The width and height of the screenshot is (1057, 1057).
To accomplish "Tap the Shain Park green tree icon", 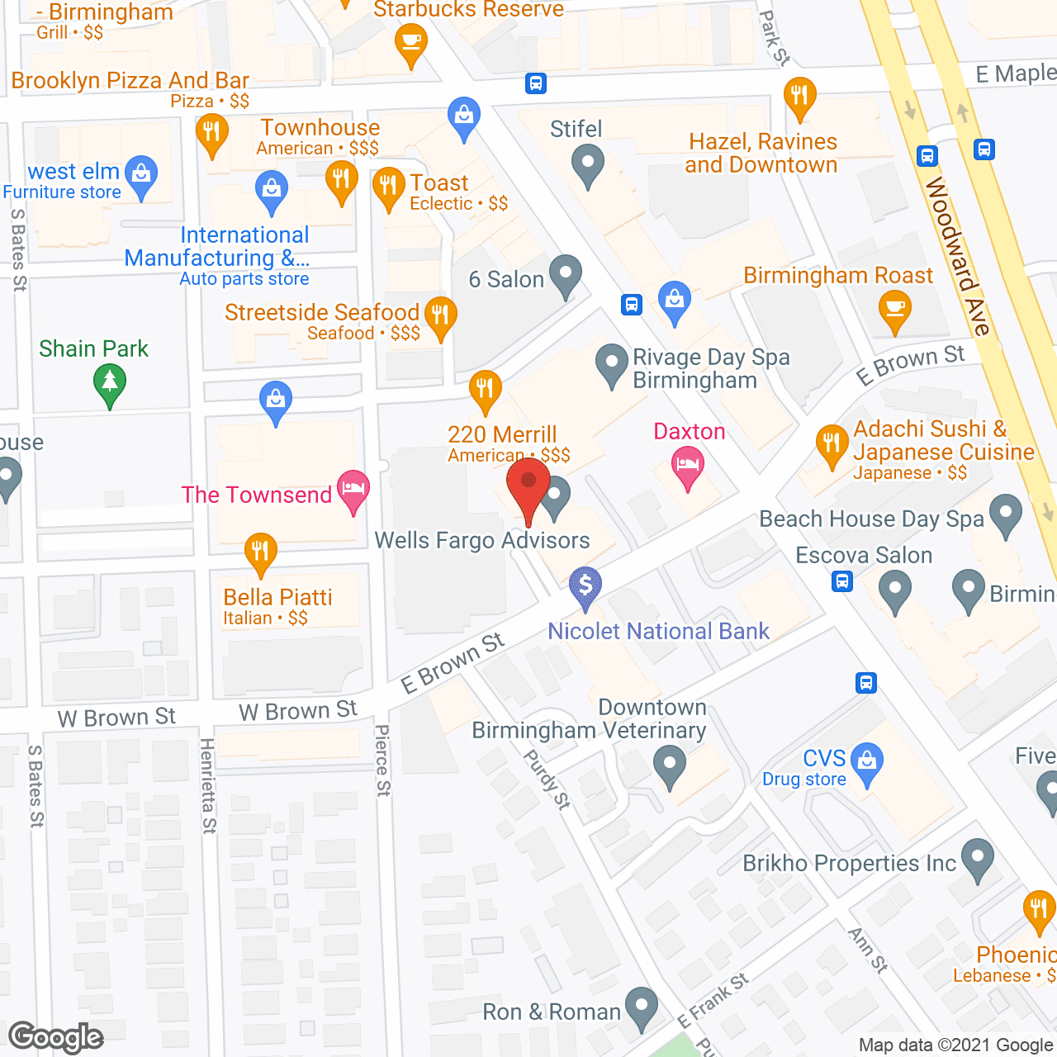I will point(110,384).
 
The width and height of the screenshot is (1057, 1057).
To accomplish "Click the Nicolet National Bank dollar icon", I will point(585,586).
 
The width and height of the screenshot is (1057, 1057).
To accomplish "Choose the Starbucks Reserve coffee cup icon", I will point(410,42).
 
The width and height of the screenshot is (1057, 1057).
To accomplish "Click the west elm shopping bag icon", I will point(141,175).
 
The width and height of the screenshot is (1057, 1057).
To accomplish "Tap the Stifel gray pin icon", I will point(588,164).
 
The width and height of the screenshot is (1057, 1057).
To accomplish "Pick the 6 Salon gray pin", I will point(566,274).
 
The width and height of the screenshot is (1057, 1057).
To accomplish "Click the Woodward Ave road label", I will point(957,256).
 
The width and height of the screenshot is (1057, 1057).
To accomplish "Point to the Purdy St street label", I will point(547,779).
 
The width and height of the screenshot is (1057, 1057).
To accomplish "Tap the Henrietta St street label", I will point(208,785).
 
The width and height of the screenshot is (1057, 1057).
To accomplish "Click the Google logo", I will point(56,1037).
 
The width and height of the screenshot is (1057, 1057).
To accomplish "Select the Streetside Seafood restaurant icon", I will point(440,316).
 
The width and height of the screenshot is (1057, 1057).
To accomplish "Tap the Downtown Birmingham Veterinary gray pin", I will point(670,765).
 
